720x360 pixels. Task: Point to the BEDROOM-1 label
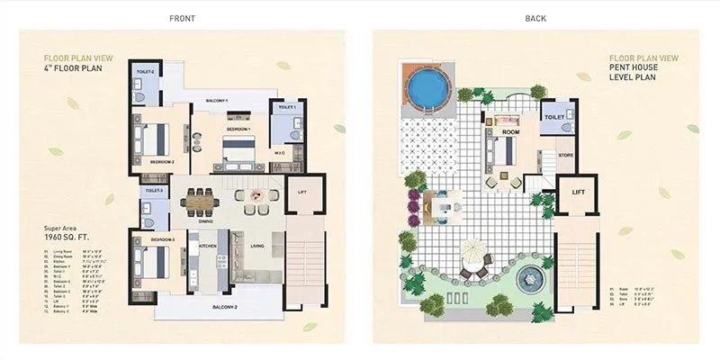tap(238, 130)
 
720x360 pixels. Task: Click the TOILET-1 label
tap(287, 108)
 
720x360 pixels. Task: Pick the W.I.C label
tap(279, 152)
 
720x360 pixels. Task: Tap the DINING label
tap(204, 221)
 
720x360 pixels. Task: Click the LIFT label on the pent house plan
tap(578, 193)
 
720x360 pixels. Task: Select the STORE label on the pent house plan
tap(565, 155)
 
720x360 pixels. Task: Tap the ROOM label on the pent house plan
tap(511, 132)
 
